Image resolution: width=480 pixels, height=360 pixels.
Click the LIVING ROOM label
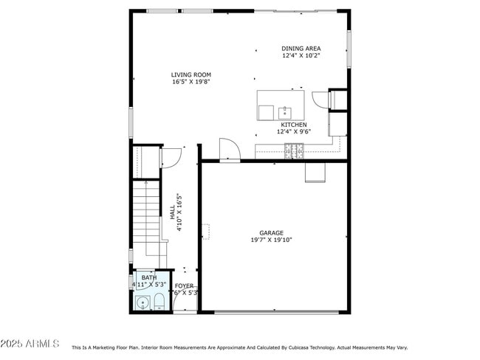[191, 75]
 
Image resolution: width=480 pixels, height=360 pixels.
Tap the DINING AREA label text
[301, 49]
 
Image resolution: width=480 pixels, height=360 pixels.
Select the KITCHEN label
[294, 125]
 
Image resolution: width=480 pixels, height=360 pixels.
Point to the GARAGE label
[271, 232]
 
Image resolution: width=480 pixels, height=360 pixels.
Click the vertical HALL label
[173, 212]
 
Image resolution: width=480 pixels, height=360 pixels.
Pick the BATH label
[149, 277]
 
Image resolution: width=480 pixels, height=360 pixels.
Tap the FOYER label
[184, 285]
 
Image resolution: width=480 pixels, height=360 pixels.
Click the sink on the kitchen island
[284, 113]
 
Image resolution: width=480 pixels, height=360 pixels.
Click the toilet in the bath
[158, 301]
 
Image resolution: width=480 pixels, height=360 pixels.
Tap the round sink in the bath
[142, 302]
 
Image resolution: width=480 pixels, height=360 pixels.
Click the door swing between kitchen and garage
[229, 150]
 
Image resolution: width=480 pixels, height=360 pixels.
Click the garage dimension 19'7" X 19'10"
[271, 240]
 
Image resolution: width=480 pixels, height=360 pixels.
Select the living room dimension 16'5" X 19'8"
[191, 82]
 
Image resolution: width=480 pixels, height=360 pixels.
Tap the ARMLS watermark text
[30, 344]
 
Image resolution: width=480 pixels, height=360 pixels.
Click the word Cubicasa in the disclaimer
[292, 347]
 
